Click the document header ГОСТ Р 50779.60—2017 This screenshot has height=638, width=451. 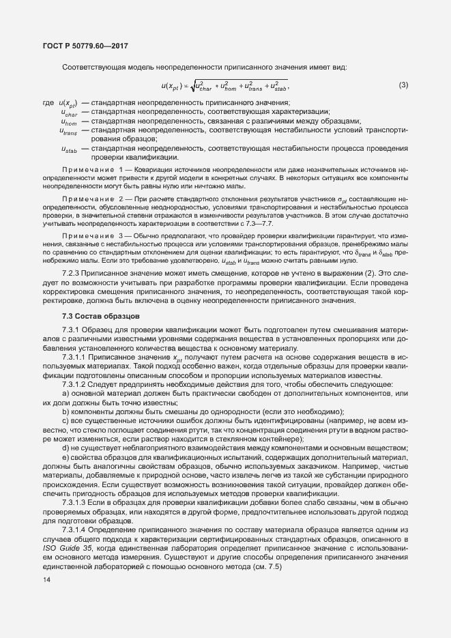tap(81, 46)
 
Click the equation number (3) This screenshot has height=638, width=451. tap(403, 85)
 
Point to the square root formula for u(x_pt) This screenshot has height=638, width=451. tap(224, 85)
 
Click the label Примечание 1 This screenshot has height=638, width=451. tap(92, 168)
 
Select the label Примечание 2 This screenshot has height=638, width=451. tap(92, 198)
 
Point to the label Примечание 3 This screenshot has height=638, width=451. tap(92, 235)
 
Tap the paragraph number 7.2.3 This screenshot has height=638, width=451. tap(72, 273)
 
